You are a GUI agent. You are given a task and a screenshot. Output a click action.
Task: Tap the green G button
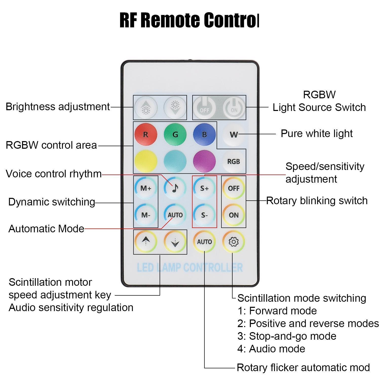(175, 134)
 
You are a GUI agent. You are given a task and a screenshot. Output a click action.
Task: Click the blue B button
(204, 134)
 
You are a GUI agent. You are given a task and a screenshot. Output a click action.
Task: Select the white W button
(234, 134)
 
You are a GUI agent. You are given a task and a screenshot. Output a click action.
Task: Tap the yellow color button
(146, 161)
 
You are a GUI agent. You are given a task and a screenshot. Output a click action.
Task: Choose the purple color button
(204, 161)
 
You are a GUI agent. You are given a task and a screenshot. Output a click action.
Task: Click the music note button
(175, 188)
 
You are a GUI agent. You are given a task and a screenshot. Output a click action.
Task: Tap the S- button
(204, 215)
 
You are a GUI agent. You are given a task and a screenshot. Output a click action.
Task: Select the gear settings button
(234, 242)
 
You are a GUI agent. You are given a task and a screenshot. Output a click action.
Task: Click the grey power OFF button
(204, 107)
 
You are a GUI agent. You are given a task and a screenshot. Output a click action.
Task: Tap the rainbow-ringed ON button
(234, 215)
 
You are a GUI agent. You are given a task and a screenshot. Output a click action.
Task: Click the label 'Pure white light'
(317, 134)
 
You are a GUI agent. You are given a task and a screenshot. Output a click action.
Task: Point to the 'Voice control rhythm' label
(53, 174)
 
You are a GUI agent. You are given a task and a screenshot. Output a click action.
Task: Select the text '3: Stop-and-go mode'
(287, 336)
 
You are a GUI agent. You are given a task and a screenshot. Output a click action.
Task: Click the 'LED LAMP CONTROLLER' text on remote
(190, 268)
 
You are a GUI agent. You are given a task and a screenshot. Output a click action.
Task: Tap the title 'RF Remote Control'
(189, 20)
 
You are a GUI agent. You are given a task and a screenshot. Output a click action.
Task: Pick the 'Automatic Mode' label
(46, 229)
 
